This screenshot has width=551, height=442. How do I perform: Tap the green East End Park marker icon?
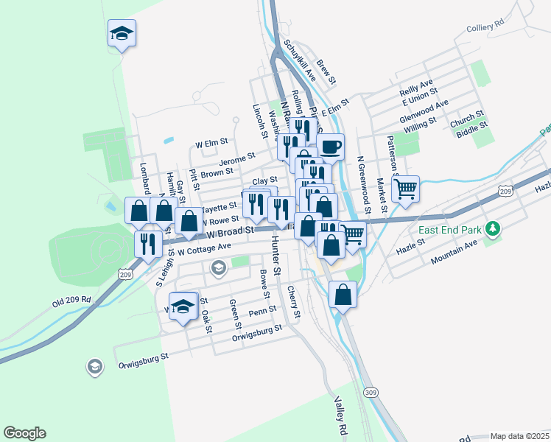[494, 231]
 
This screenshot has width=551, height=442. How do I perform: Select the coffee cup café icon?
[330, 146]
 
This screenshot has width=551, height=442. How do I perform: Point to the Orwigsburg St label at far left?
[144, 360]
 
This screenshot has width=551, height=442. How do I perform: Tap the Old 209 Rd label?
[71, 301]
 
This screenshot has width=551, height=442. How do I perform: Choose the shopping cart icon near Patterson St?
[406, 189]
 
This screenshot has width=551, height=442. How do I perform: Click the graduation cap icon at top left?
[122, 33]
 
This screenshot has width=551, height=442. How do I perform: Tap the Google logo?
[24, 433]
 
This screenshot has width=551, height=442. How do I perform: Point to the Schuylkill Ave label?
[301, 60]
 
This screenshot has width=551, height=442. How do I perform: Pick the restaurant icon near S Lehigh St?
[148, 243]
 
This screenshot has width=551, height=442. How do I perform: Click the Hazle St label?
[411, 240]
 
